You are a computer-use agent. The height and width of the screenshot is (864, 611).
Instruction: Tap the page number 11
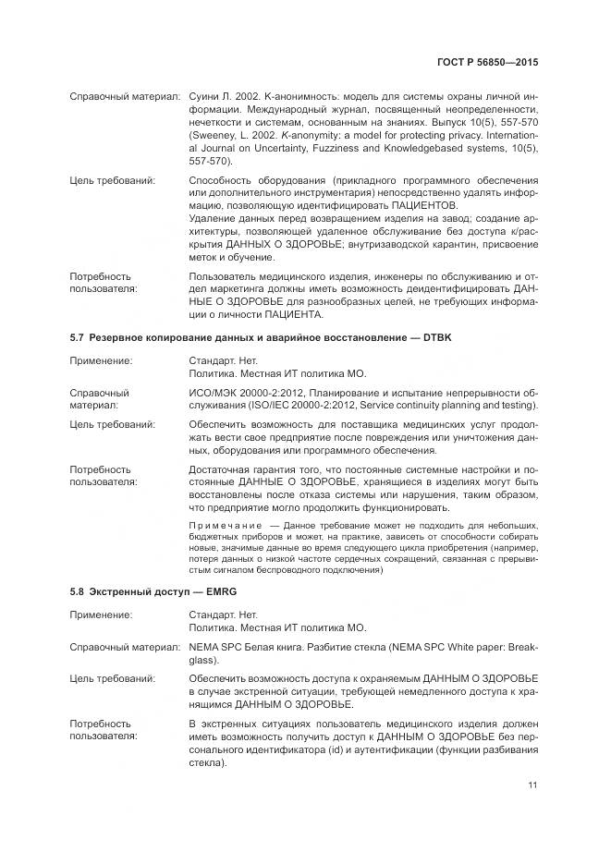[x=532, y=785]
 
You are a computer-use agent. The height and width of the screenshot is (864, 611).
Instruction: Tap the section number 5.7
[x=78, y=338]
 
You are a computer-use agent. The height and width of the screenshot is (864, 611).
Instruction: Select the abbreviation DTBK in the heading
[x=434, y=338]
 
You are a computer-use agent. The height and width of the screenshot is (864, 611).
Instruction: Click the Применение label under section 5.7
[x=100, y=360]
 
